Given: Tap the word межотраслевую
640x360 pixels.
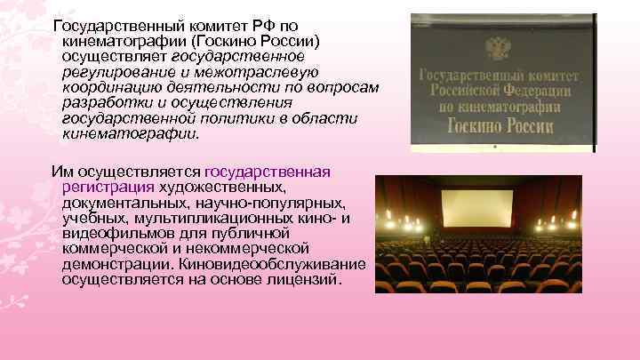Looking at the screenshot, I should pyautogui.click(x=258, y=71).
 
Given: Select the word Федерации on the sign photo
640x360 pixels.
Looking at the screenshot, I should pyautogui.click(x=534, y=91).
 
